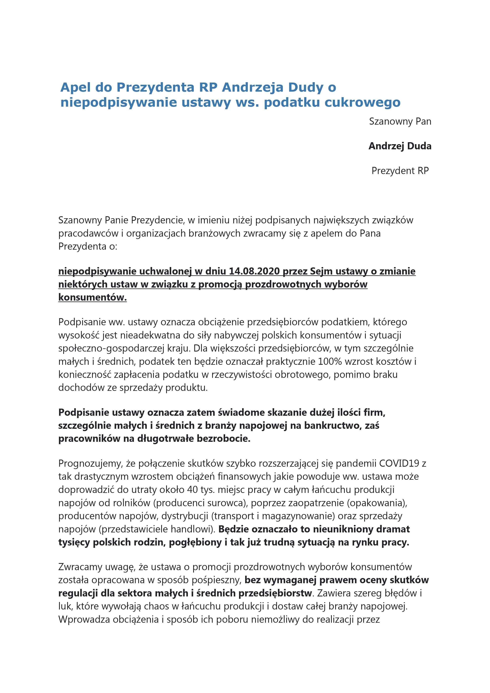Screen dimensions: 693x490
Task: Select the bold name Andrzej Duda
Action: (400, 146)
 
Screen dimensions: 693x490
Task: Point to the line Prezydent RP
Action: (400, 171)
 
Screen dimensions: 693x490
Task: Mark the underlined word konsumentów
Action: (92, 298)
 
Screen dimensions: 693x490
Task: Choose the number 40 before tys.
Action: (192, 490)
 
